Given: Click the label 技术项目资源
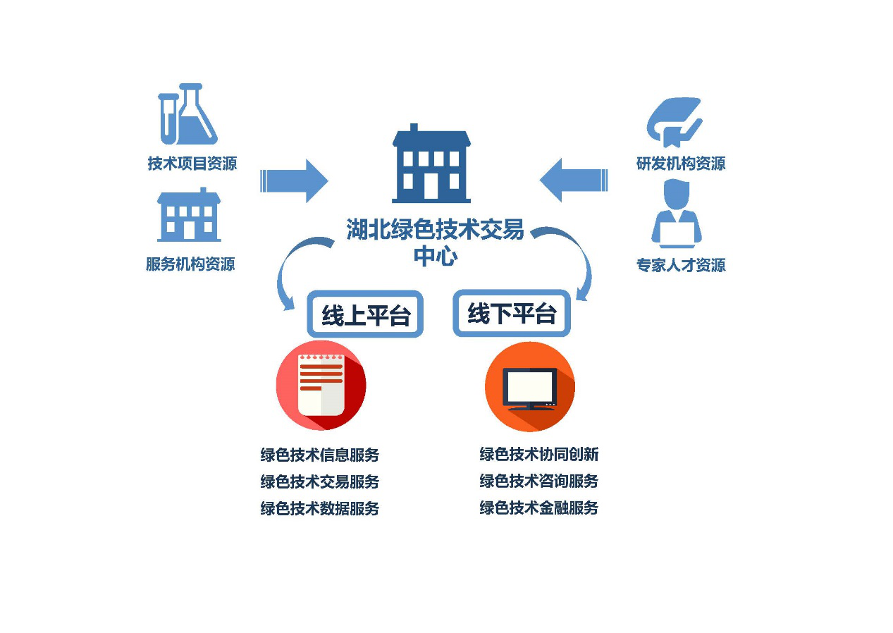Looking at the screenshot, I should pos(192,164).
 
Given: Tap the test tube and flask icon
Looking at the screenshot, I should pos(187,114).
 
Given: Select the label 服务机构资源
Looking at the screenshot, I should pos(190,264).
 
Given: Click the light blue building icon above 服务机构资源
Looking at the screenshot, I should pos(189,215).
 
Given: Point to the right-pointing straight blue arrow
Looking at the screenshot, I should pos(294,181).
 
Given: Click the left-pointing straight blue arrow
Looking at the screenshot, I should pos(574,180).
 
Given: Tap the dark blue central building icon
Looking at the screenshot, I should pos(431,165).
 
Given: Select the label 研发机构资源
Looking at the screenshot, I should pos(681,164).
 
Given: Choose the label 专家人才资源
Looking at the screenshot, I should pos(681,265).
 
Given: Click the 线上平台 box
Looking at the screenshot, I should pos(365,315).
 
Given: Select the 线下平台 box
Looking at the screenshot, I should pos(512,314).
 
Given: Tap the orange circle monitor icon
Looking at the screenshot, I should pos(529,386).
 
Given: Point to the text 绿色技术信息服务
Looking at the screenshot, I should pos(320,455).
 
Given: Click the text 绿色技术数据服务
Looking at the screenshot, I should pos(320,508).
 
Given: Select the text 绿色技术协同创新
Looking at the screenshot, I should pos(539,454).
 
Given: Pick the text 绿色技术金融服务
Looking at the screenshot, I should pos(539,508).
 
